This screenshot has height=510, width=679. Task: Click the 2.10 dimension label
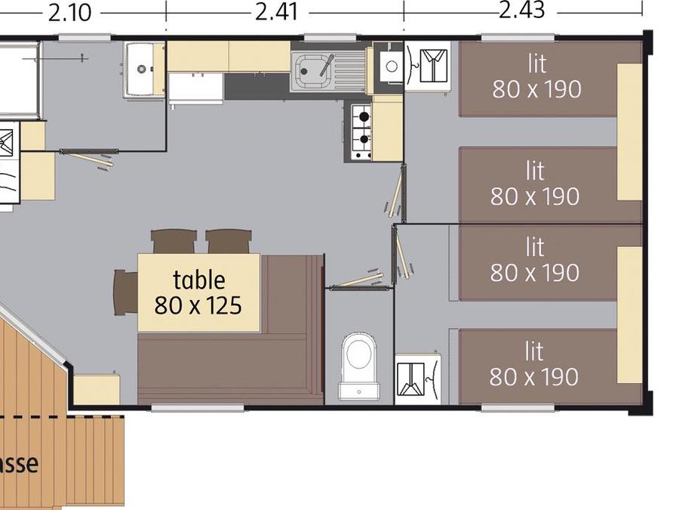(69, 13)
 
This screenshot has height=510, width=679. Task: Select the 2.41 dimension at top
(277, 12)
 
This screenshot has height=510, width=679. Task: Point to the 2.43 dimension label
(522, 11)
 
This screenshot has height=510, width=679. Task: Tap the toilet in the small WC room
(359, 366)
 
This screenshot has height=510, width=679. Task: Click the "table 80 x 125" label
(198, 292)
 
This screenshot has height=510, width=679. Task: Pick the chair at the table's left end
(125, 292)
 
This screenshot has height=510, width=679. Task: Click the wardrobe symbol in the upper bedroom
(428, 66)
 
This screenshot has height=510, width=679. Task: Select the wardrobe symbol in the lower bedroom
(418, 379)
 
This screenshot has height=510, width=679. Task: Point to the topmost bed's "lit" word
(537, 63)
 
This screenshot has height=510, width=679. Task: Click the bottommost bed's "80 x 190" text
(534, 377)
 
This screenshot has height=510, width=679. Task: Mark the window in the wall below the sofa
(198, 408)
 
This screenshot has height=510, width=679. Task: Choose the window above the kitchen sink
(330, 38)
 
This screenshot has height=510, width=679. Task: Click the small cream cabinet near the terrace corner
(97, 390)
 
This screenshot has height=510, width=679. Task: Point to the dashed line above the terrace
(62, 417)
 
